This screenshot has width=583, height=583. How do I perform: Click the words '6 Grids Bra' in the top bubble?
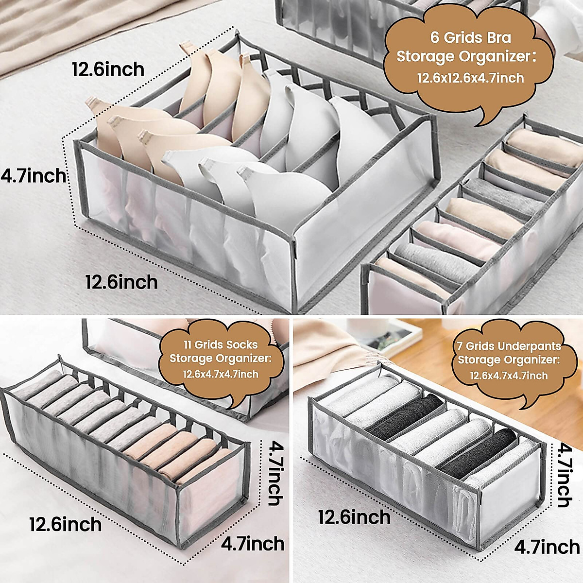[x=470, y=37]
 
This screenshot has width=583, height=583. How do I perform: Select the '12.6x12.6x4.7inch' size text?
[x=470, y=77]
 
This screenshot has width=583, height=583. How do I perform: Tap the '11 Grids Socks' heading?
[x=221, y=344]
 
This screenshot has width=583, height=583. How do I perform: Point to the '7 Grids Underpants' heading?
[x=508, y=346]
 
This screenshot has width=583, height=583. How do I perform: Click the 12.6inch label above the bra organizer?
[x=108, y=69]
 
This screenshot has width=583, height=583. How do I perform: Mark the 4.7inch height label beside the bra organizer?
[x=33, y=175]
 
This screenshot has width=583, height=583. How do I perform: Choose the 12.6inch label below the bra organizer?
[x=121, y=282]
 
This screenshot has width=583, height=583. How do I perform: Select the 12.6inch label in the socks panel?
[x=66, y=524]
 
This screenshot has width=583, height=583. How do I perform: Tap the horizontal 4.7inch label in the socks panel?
[x=253, y=543]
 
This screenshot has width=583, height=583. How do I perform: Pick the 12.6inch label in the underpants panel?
[x=354, y=517]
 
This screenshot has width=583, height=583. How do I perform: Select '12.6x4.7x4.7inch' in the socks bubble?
[x=221, y=374]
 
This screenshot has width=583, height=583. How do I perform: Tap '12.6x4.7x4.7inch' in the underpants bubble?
[x=509, y=376]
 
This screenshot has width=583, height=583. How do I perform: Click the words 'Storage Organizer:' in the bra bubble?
[x=466, y=57]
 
